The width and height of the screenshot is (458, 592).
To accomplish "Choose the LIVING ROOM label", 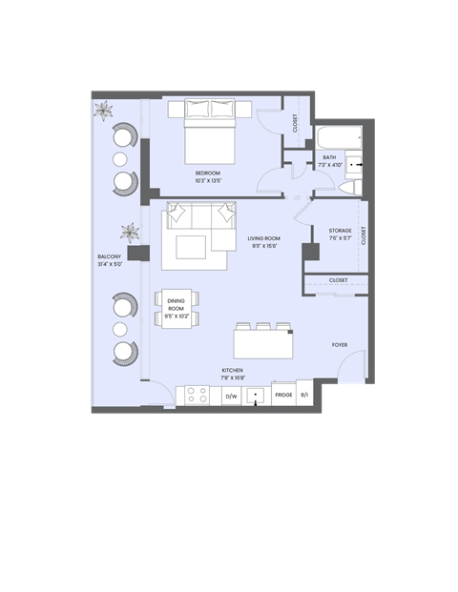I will pyautogui.click(x=262, y=238).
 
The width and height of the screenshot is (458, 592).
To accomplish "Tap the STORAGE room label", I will pyautogui.click(x=340, y=231).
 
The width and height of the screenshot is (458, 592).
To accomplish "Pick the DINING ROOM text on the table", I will pyautogui.click(x=175, y=305).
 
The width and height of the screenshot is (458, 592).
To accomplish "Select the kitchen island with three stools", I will pyautogui.click(x=261, y=342).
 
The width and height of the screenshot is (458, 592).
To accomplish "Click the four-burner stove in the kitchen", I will pyautogui.click(x=198, y=394).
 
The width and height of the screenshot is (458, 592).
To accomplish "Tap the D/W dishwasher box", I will pyautogui.click(x=231, y=394).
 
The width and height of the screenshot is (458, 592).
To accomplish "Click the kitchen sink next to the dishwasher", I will pyautogui.click(x=257, y=394).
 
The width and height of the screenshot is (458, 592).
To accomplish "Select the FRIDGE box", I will pyautogui.click(x=283, y=394).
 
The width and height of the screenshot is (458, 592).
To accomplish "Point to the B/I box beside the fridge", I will pyautogui.click(x=304, y=394).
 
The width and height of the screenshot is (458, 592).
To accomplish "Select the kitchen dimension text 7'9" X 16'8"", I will pyautogui.click(x=232, y=377).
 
